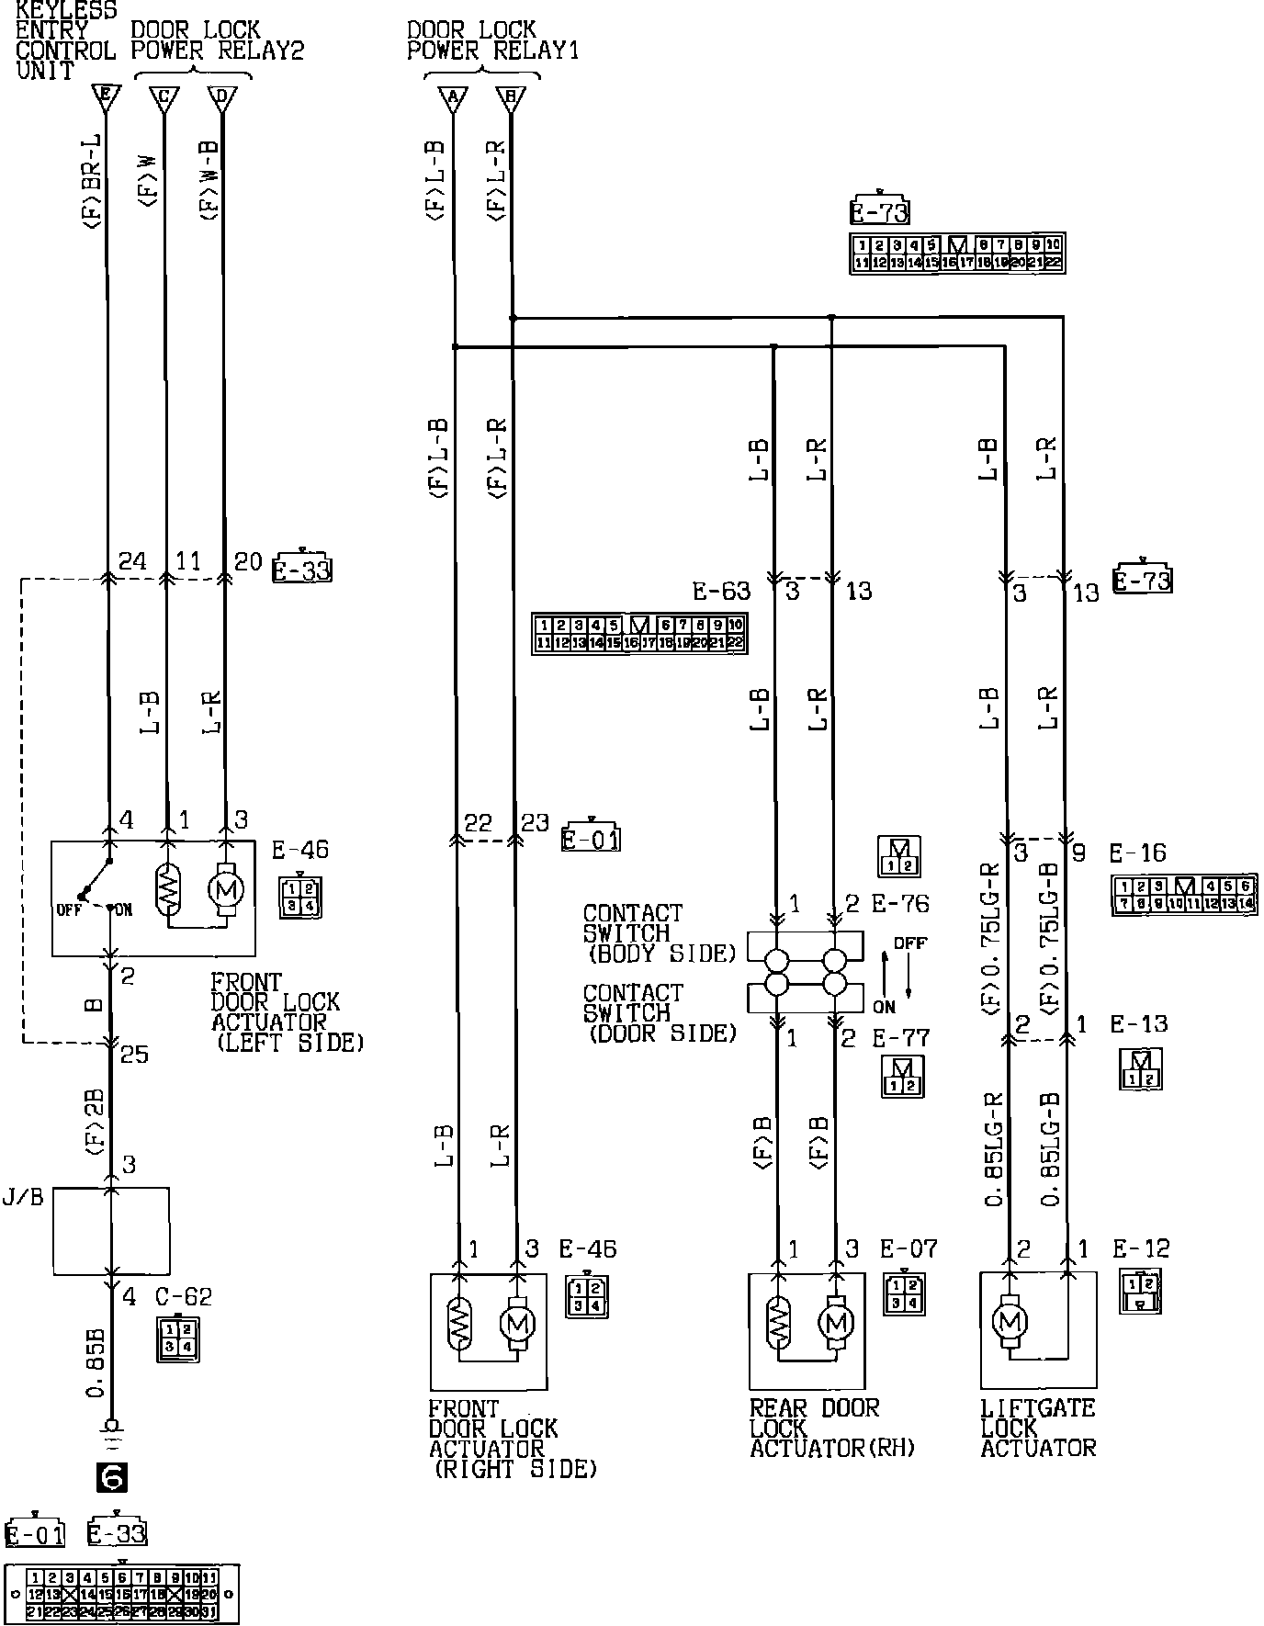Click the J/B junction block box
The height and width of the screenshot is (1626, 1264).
111,1229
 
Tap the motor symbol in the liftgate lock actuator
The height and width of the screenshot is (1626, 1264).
1010,1322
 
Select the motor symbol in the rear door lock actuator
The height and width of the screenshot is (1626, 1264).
835,1322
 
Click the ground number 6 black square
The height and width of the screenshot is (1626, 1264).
112,1477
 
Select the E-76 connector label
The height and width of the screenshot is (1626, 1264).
900,904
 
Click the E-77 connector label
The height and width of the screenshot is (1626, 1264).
900,1038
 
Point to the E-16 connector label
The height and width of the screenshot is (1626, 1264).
1137,853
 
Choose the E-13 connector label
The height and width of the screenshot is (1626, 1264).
1139,1024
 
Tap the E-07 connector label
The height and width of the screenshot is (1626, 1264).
908,1248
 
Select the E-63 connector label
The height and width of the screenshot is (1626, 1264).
721,591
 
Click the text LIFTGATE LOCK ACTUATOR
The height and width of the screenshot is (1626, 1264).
1038,1428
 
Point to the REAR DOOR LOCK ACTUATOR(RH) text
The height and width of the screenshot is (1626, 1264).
832,1428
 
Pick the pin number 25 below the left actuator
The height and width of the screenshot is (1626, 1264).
134,1053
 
